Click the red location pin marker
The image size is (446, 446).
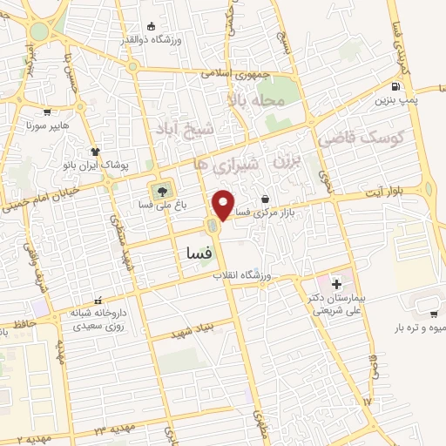(224, 205)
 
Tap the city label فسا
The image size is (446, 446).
(200, 253)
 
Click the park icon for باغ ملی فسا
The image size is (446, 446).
(160, 190)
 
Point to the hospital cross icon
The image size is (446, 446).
(336, 284)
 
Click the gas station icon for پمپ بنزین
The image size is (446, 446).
(397, 86)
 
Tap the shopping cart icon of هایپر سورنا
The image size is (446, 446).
(46, 112)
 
